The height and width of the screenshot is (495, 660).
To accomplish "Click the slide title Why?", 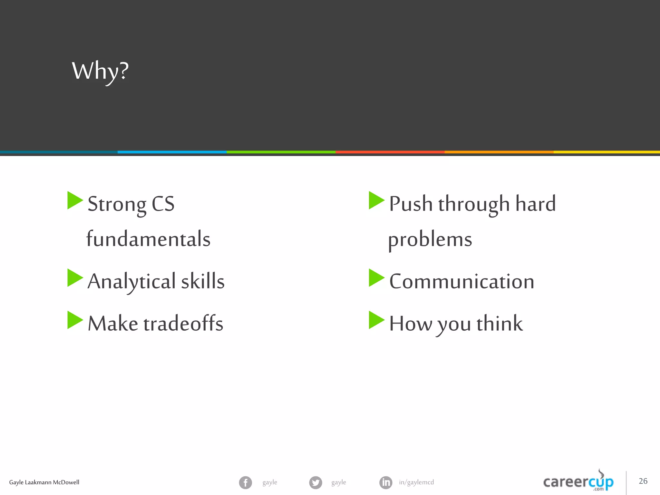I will pyautogui.click(x=100, y=71).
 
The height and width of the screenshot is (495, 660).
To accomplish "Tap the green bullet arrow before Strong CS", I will pyautogui.click(x=74, y=200).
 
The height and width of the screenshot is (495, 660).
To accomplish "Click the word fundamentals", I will pyautogui.click(x=148, y=239).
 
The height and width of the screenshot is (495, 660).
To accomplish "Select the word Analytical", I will pyautogui.click(x=131, y=281).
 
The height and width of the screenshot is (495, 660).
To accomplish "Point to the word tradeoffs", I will pyautogui.click(x=183, y=323).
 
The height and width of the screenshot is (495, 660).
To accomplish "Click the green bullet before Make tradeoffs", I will pyautogui.click(x=74, y=320).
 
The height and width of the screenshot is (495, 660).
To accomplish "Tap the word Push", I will pyautogui.click(x=411, y=204).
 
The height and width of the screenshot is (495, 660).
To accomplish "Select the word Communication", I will pyautogui.click(x=461, y=281).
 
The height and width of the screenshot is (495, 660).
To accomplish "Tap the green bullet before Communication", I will pyautogui.click(x=376, y=278).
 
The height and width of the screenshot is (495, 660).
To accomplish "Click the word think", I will pyautogui.click(x=500, y=323).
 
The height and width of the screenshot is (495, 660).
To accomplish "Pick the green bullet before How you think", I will pyautogui.click(x=376, y=320).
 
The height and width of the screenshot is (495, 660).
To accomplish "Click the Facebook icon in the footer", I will pyautogui.click(x=246, y=482).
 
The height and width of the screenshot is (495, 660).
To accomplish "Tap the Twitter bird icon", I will pyautogui.click(x=315, y=482).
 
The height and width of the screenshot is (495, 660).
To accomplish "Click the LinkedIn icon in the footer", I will pyautogui.click(x=386, y=482).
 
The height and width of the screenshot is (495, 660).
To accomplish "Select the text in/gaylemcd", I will pyautogui.click(x=416, y=482).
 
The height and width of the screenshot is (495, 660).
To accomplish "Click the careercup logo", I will pyautogui.click(x=578, y=482).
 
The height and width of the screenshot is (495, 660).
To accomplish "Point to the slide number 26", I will pyautogui.click(x=643, y=481).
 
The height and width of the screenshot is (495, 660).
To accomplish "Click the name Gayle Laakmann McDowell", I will pyautogui.click(x=44, y=482).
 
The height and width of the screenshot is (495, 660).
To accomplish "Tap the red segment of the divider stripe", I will pyautogui.click(x=390, y=152).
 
